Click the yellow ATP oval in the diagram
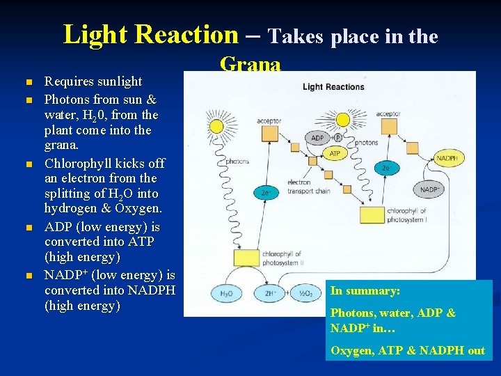(335, 153)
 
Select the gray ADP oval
(318, 138)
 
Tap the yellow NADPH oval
(446, 158)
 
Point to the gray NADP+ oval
(431, 189)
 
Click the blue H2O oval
(226, 294)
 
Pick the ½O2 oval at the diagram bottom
(305, 294)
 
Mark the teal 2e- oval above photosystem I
(386, 168)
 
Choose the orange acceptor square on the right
(387, 130)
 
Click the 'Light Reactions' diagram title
(333, 87)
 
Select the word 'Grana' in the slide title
(250, 65)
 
